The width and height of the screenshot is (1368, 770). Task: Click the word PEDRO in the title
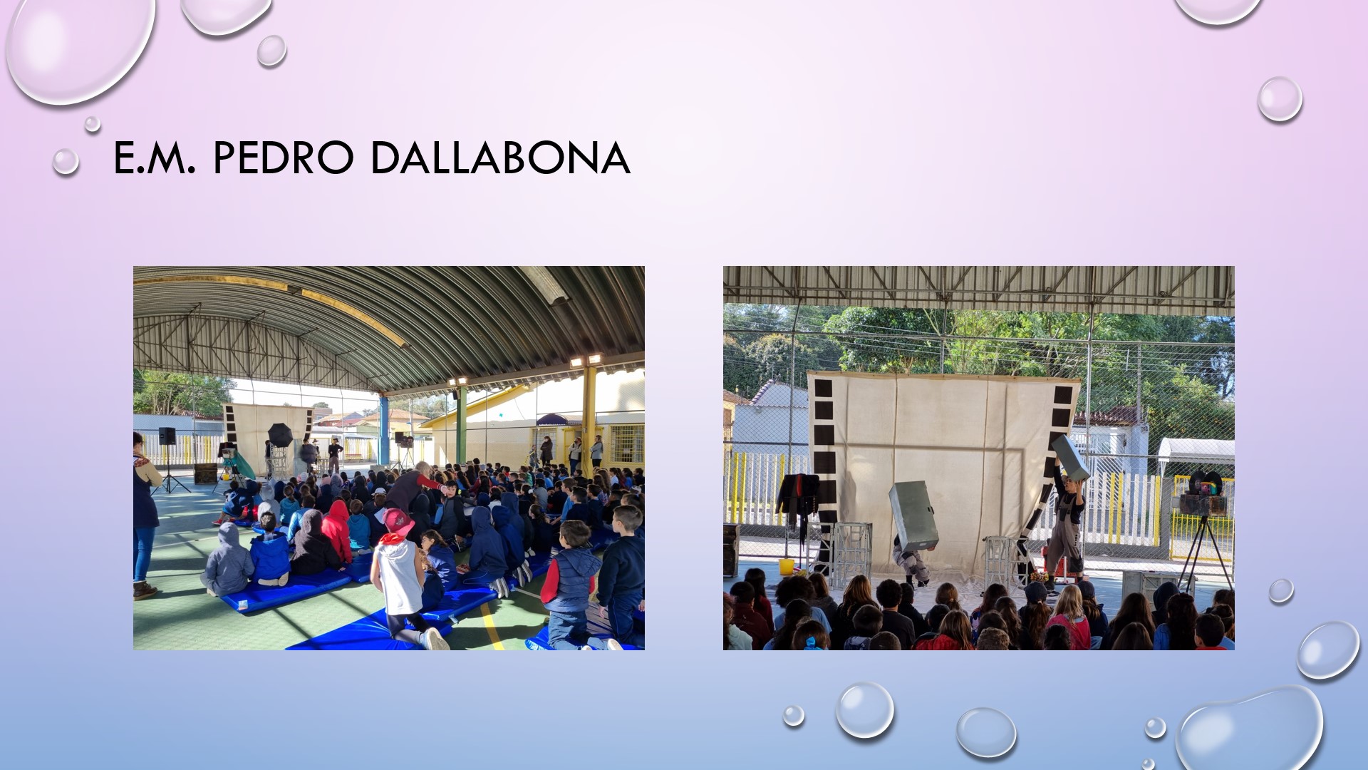(284, 158)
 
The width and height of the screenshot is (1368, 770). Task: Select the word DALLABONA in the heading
(500, 158)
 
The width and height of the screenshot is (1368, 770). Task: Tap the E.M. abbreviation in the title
(155, 158)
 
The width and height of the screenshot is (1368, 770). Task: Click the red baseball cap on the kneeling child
(398, 523)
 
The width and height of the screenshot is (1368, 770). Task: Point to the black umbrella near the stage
(280, 435)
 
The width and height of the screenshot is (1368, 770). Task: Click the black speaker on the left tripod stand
(167, 436)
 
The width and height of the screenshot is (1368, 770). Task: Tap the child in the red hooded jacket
(336, 531)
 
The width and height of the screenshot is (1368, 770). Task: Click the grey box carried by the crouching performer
(913, 515)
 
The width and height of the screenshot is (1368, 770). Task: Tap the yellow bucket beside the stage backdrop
(787, 567)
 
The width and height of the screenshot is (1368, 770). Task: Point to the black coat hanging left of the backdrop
(797, 503)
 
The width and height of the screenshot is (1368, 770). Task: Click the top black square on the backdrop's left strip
(823, 389)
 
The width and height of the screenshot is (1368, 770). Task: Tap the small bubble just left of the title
(66, 162)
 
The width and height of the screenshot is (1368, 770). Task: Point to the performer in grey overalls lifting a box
(1065, 520)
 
